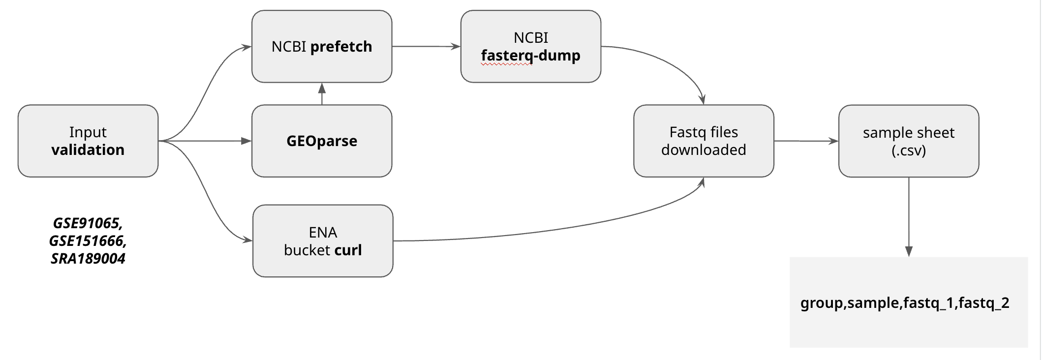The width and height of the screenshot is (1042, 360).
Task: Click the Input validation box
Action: pyautogui.click(x=88, y=141)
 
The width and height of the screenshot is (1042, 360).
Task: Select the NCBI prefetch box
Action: pyautogui.click(x=321, y=46)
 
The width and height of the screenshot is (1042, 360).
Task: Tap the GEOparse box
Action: pyautogui.click(x=321, y=141)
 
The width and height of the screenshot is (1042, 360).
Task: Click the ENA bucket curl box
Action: pyautogui.click(x=322, y=240)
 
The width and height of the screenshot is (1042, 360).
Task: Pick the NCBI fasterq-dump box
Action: pyautogui.click(x=530, y=46)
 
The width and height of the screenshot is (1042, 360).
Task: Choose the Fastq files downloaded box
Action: pyautogui.click(x=703, y=141)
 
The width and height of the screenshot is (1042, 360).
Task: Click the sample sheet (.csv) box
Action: pyautogui.click(x=908, y=141)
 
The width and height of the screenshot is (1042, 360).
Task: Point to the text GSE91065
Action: pyautogui.click(x=87, y=223)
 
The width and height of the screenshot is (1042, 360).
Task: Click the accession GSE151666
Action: pyautogui.click(x=87, y=240)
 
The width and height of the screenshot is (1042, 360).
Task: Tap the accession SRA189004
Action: pyautogui.click(x=88, y=258)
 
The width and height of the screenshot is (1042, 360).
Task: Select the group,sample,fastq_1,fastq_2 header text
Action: pyautogui.click(x=904, y=302)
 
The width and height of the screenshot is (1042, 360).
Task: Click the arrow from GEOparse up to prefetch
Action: pyautogui.click(x=322, y=93)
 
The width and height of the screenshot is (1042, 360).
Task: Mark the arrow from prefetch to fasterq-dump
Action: pyautogui.click(x=426, y=46)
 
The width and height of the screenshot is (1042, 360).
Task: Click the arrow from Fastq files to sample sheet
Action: pyautogui.click(x=805, y=141)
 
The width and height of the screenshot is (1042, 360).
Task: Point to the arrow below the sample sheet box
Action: pyautogui.click(x=908, y=216)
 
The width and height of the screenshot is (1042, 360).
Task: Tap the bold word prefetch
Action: pyautogui.click(x=341, y=46)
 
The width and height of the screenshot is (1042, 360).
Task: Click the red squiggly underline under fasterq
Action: pyautogui.click(x=506, y=64)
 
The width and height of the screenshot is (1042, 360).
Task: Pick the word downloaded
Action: pyautogui.click(x=703, y=150)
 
